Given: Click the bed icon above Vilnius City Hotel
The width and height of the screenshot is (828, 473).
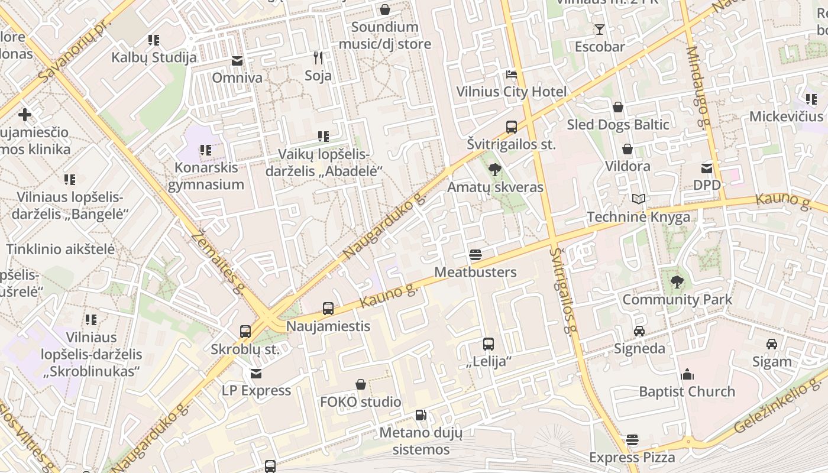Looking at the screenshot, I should [x=512, y=74].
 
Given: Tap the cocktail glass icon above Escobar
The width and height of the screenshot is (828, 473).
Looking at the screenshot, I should [x=600, y=30].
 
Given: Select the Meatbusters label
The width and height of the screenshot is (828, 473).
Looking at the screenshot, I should [x=476, y=272].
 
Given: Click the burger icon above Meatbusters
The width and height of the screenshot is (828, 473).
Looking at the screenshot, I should [x=476, y=255].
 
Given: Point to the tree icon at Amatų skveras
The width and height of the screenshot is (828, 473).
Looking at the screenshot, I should [x=495, y=170].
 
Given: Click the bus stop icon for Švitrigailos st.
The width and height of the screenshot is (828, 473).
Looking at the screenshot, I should [x=512, y=127].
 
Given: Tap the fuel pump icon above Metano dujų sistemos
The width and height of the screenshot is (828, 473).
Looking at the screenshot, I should [x=421, y=416].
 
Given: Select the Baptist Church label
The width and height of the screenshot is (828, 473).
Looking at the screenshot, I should [x=687, y=391].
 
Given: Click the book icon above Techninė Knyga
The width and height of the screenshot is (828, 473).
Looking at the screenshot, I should [x=638, y=199].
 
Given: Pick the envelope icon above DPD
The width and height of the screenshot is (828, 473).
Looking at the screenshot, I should [x=707, y=168].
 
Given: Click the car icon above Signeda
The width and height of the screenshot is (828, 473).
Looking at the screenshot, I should [x=639, y=331].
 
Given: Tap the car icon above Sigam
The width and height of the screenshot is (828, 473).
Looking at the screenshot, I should [x=772, y=344].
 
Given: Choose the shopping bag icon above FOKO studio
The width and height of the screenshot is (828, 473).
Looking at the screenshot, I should [x=361, y=385].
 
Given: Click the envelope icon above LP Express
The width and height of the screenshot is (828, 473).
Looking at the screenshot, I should [x=256, y=374].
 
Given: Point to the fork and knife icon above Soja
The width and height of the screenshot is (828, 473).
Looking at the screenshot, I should [x=318, y=58].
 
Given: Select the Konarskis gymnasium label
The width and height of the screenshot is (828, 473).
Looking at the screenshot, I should [x=206, y=176].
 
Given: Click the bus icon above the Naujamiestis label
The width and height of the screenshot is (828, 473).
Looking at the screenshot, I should [x=328, y=309].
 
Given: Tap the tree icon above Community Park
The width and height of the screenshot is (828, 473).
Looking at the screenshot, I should [x=677, y=282].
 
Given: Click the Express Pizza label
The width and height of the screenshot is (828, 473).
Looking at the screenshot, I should [x=632, y=458].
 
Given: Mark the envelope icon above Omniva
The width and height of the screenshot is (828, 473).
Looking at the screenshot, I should [x=237, y=61].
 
